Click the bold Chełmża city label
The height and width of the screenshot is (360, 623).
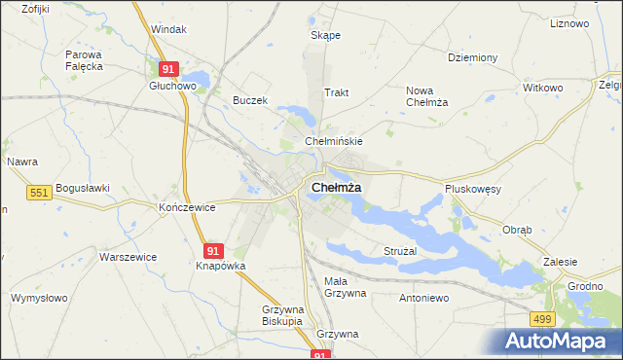click(x=337, y=187)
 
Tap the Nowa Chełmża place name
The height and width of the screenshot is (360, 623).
click(x=425, y=97)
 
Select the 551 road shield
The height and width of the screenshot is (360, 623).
click(x=38, y=194)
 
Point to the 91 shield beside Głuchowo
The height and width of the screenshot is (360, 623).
click(x=168, y=69)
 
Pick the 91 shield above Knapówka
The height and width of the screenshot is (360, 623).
click(x=215, y=250)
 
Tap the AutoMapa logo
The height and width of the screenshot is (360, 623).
click(x=559, y=342)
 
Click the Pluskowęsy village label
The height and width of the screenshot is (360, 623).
click(x=472, y=190)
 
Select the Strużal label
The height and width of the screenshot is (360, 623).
click(x=399, y=251)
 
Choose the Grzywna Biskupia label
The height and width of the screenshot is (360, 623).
click(x=283, y=316)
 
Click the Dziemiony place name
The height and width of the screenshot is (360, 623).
click(x=473, y=57)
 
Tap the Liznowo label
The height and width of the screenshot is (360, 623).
click(x=571, y=22)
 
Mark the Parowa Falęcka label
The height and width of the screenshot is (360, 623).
click(x=85, y=61)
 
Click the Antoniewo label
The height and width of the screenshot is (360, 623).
click(x=422, y=298)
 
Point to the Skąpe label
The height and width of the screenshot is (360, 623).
click(x=325, y=35)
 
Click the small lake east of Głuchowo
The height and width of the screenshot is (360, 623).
click(x=199, y=78)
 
